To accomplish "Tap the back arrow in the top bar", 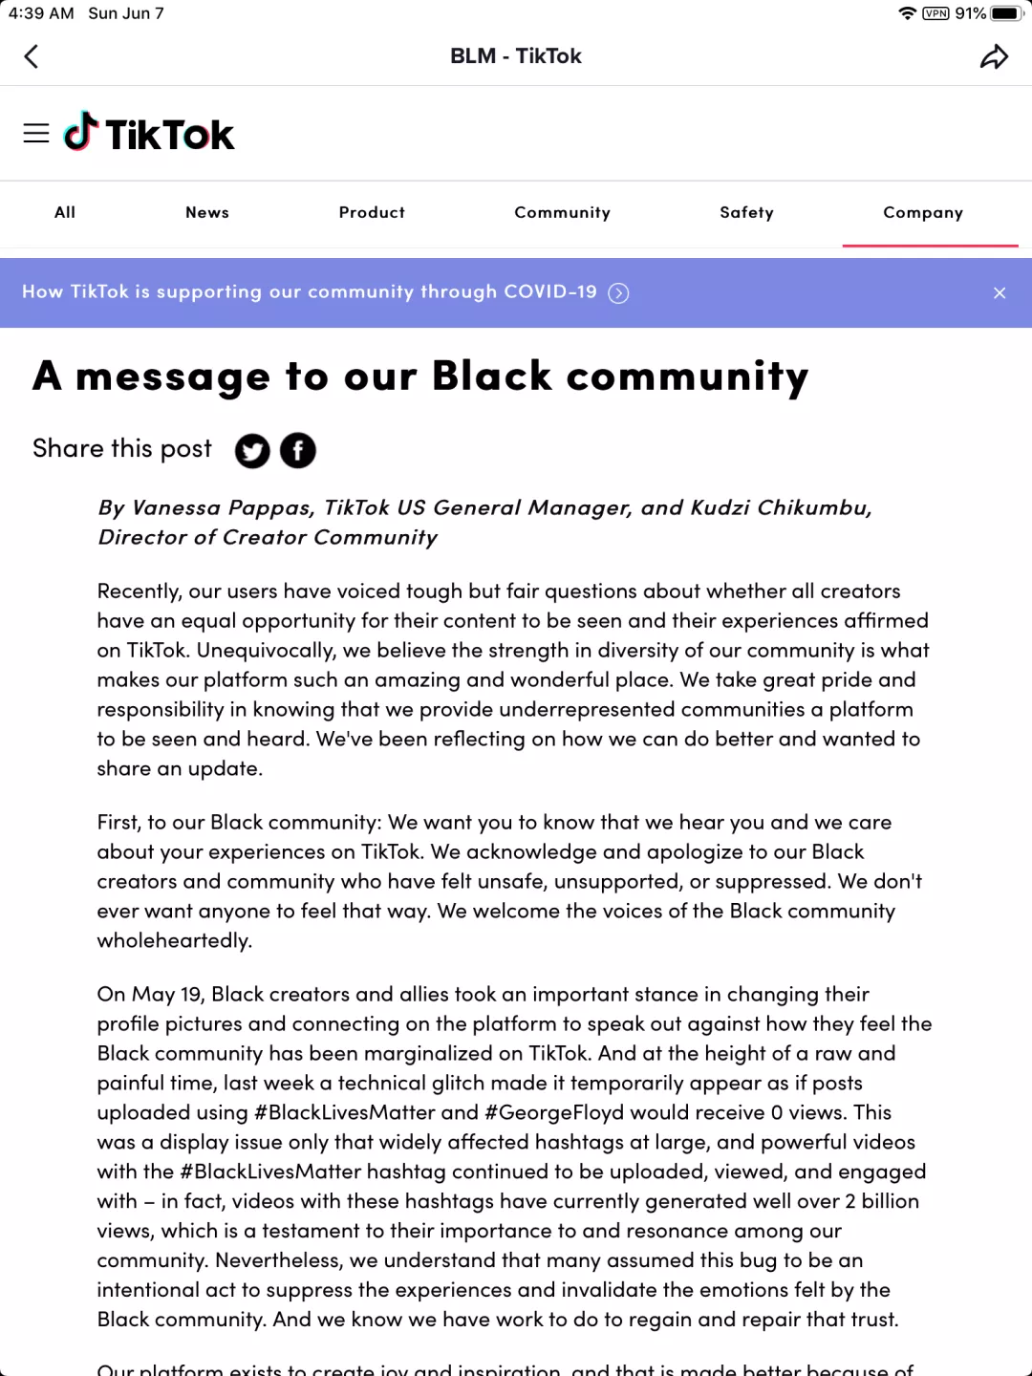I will [32, 56].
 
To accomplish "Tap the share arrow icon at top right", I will [994, 57].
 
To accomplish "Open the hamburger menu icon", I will [36, 134].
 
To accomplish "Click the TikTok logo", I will [150, 134].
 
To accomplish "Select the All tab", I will [65, 212].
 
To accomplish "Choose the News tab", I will [207, 212].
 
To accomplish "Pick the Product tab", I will [372, 212].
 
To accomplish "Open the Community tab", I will [562, 212].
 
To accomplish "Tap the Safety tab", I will [746, 212].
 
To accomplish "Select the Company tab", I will [923, 212].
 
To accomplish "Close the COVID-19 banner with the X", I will [1000, 293].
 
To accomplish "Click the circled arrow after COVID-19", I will [619, 293].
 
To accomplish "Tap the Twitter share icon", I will [252, 451].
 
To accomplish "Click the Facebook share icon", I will [298, 451].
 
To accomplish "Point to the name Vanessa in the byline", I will [177, 507].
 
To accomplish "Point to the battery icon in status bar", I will [1006, 13].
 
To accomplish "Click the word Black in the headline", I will [492, 376].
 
